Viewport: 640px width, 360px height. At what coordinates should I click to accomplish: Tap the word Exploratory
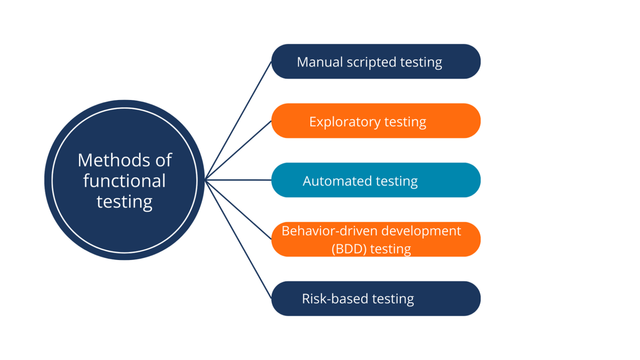pyautogui.click(x=345, y=122)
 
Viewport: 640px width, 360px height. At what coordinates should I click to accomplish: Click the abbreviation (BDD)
pyautogui.click(x=349, y=249)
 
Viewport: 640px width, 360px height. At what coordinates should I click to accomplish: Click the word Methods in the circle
pyautogui.click(x=113, y=160)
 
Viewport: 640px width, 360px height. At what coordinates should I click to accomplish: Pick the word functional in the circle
pyautogui.click(x=124, y=181)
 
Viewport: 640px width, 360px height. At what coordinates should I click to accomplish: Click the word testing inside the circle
pyautogui.click(x=124, y=202)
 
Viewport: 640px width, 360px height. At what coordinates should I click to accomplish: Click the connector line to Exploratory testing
pyautogui.click(x=238, y=150)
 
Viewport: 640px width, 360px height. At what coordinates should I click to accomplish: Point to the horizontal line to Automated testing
pyautogui.click(x=238, y=180)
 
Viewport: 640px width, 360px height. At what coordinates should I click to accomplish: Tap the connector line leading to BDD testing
pyautogui.click(x=238, y=210)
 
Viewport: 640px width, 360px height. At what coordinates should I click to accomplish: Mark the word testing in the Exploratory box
pyautogui.click(x=405, y=122)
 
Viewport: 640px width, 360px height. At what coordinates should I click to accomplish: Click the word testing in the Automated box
pyautogui.click(x=397, y=182)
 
